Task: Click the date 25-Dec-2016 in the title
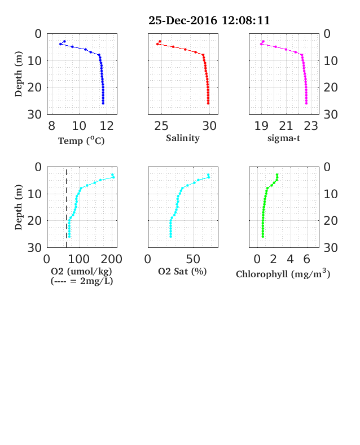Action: (x=183, y=20)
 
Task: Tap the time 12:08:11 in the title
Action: (x=246, y=20)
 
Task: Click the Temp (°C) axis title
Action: (x=81, y=141)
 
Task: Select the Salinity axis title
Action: (x=183, y=138)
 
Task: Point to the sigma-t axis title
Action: (x=284, y=138)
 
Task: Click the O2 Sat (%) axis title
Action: (x=182, y=271)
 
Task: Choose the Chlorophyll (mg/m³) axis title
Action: (x=283, y=273)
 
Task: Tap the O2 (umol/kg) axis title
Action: (x=81, y=271)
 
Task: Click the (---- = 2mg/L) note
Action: (x=82, y=281)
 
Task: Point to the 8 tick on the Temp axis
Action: (x=51, y=126)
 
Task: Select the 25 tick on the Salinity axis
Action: (x=161, y=126)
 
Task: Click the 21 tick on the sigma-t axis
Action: (x=286, y=126)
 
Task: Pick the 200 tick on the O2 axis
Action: (x=112, y=259)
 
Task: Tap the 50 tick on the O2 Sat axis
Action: (x=193, y=259)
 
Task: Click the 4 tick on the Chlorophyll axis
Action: (x=290, y=259)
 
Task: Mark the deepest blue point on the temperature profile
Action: (x=103, y=103)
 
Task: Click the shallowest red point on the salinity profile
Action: (x=160, y=41)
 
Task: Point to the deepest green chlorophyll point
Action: (x=263, y=237)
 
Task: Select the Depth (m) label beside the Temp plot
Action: (x=19, y=74)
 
